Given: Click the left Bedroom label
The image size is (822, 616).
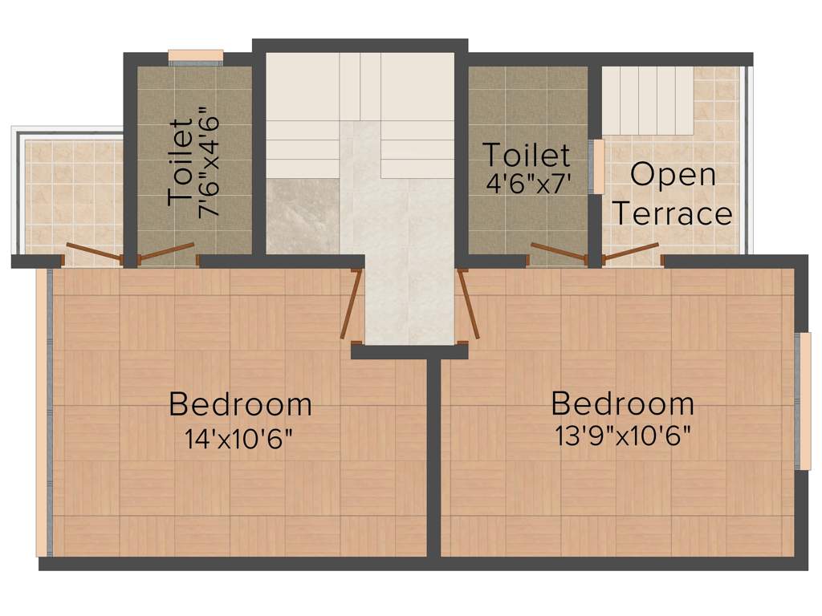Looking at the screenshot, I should pos(240,403).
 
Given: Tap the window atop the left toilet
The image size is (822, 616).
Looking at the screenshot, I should pos(195,55).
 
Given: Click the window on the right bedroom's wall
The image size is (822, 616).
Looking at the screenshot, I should pos(804,400).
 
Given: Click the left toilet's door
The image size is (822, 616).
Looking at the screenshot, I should pos(167,252).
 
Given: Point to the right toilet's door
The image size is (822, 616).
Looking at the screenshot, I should pos(557,253).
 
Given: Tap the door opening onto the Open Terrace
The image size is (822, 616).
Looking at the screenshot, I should pos(631,252).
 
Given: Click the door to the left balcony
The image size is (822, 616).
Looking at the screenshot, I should pos(93,253).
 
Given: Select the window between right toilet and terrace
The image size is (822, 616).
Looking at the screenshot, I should pos(599,167).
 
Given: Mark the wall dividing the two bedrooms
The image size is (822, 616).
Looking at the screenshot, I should pos(433,457).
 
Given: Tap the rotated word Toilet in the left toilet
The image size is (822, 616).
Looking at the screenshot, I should pos(181,163).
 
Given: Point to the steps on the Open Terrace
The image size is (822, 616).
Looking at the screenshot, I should pos(647,100).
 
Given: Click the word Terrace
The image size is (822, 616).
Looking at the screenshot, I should pos(673,214).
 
